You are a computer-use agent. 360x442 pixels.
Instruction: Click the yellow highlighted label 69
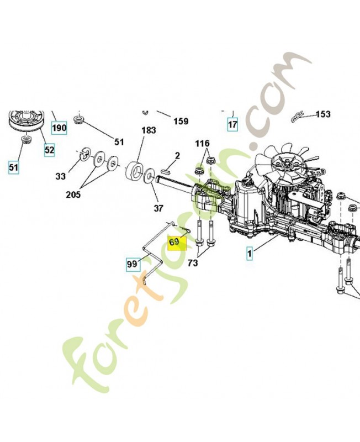click(177, 243)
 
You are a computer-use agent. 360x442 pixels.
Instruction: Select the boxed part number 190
click(59, 128)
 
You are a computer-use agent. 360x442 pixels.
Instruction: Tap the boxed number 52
click(49, 150)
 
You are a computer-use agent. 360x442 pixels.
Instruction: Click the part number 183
click(149, 130)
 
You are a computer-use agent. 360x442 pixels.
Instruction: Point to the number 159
click(181, 121)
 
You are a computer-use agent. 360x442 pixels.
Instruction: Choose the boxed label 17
click(232, 124)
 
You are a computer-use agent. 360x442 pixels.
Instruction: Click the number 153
click(323, 114)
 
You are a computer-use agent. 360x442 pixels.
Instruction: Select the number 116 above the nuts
click(203, 144)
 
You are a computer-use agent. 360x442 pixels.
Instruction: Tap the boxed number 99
click(132, 264)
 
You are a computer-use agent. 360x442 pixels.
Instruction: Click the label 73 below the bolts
click(193, 263)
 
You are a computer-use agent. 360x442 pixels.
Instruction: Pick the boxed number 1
click(250, 254)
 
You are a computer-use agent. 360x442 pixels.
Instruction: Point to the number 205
click(73, 194)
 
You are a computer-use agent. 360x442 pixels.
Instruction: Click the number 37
click(158, 208)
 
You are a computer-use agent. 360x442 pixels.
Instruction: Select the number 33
click(60, 176)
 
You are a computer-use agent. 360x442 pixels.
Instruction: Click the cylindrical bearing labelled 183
click(134, 172)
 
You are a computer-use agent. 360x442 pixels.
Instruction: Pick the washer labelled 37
click(149, 176)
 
